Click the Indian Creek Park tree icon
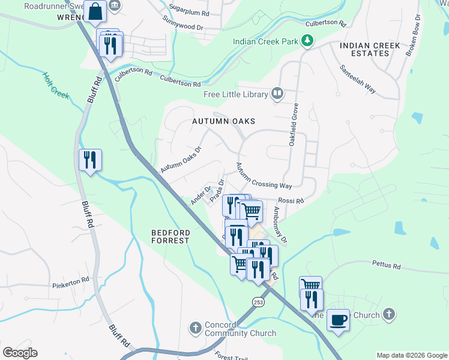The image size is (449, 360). click(307, 41)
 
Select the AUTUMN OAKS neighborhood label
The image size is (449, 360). click(220, 121)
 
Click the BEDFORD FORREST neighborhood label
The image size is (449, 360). click(170, 236)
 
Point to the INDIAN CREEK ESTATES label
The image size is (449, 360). click(364, 49)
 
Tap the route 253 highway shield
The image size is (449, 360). click(258, 301)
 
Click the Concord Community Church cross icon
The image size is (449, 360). click(194, 328)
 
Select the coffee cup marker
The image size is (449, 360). click(339, 319)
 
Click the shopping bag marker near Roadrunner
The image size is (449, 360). click(95, 11)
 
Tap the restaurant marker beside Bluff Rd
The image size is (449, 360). click(90, 160)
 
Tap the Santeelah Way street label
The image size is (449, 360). click(358, 79)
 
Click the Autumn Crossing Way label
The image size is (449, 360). click(264, 176)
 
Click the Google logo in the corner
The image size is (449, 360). click(20, 353)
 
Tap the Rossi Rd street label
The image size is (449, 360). click(291, 200)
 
